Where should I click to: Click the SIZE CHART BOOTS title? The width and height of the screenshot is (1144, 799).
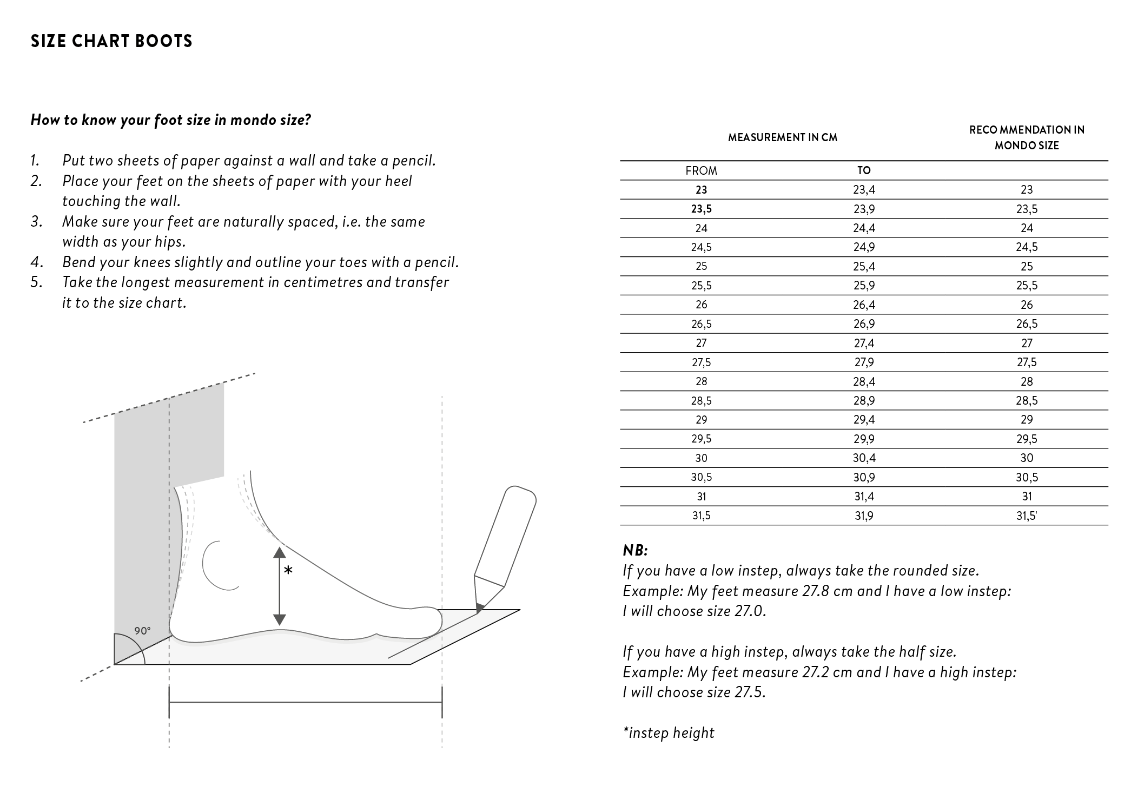pos(111,42)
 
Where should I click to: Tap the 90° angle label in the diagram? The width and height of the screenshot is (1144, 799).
pos(142,631)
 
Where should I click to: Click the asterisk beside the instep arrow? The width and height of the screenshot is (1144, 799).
pos(288,571)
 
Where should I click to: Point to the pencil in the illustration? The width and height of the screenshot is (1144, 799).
pos(504,546)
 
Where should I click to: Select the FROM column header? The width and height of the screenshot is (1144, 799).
pos(701,171)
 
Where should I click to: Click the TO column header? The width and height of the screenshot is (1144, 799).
pos(864,170)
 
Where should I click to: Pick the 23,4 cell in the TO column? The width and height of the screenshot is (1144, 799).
pos(864,190)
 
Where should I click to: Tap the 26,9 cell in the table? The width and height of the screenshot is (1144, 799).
pos(864,324)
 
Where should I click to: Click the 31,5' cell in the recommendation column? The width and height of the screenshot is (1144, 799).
pos(1027,516)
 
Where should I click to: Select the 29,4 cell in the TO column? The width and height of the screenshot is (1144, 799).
pos(864,420)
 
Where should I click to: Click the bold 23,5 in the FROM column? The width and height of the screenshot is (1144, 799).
pos(701,209)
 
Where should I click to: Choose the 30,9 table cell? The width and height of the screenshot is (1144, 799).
pos(864,478)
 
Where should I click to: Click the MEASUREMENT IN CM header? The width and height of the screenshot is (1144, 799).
pos(782,138)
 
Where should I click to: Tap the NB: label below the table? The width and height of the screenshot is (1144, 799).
pos(635,551)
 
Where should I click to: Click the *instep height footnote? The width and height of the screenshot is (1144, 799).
pos(669,733)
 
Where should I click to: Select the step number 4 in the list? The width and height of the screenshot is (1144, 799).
pos(36,262)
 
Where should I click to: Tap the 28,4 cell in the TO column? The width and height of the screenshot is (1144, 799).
pos(864,382)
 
